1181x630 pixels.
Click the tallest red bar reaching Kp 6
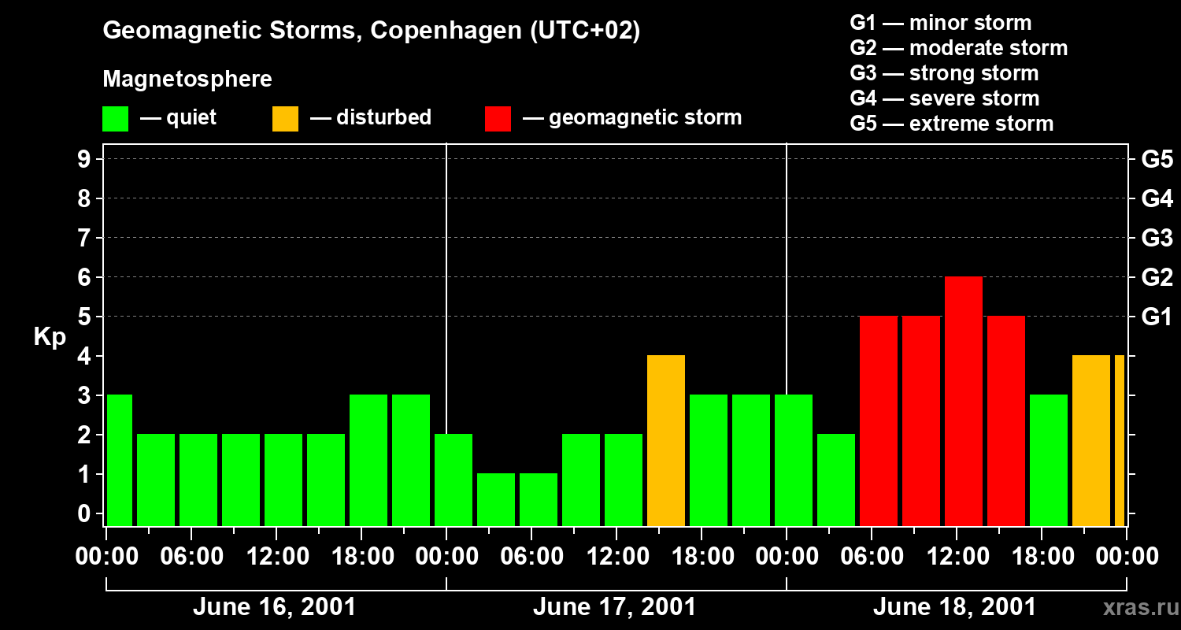click(x=963, y=401)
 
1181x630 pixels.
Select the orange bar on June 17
click(x=665, y=440)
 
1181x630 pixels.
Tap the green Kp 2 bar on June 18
click(x=835, y=480)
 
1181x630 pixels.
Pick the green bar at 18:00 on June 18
click(x=1048, y=460)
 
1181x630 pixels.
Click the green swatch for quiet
click(x=115, y=118)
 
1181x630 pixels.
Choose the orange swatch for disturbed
click(x=285, y=118)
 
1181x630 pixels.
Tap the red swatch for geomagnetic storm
click(x=498, y=118)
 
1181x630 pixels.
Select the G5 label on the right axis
click(x=1157, y=160)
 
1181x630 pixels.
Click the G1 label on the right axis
click(x=1157, y=317)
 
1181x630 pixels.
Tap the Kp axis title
click(x=50, y=337)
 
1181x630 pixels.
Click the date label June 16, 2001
click(x=274, y=607)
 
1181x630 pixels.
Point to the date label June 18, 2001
click(x=954, y=607)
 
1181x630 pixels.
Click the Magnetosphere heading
click(x=187, y=80)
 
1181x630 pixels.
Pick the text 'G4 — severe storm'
click(x=944, y=98)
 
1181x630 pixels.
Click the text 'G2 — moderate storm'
click(x=958, y=48)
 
